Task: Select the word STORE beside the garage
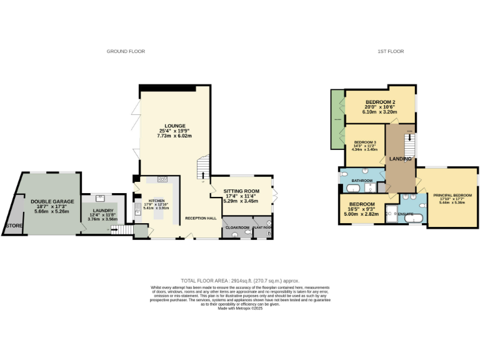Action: coord(13,225)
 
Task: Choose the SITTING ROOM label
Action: coord(241,191)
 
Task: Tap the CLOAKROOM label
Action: coord(237,227)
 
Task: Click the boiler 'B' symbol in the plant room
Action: coord(269,234)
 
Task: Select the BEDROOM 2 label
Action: coord(381,102)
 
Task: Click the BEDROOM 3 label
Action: coord(365,142)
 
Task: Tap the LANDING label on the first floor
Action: coord(400,159)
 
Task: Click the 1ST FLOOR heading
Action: coord(391,51)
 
